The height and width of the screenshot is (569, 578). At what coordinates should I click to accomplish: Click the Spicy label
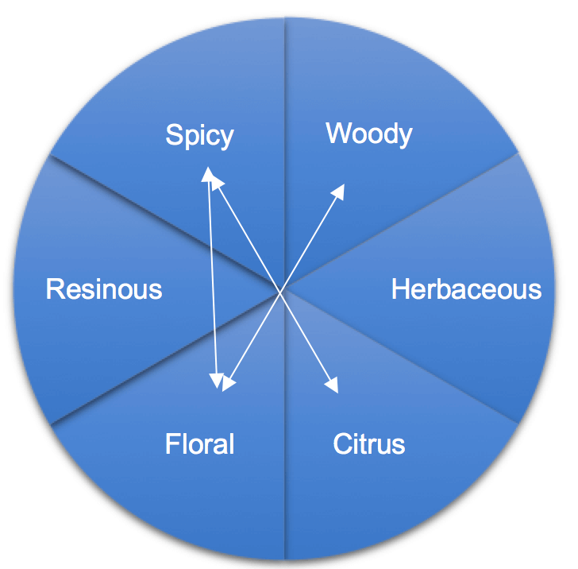click(199, 136)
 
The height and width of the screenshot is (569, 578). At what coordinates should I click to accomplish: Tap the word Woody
click(369, 134)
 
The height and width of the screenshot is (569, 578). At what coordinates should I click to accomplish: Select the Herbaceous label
click(466, 289)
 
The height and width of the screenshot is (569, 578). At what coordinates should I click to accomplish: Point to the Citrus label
click(369, 443)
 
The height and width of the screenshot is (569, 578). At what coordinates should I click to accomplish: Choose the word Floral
click(199, 443)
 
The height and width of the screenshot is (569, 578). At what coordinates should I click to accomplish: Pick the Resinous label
click(104, 289)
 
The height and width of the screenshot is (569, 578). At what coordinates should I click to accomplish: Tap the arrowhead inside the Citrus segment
click(332, 385)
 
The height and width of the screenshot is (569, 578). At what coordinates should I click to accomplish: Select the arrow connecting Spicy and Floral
click(213, 278)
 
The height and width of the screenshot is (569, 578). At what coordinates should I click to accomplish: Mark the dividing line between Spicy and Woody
click(284, 153)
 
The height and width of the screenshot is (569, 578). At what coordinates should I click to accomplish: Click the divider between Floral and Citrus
click(284, 424)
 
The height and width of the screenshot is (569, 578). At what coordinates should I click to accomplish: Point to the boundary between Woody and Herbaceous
click(401, 222)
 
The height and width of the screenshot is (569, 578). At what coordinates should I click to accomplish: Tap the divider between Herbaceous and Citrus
click(401, 357)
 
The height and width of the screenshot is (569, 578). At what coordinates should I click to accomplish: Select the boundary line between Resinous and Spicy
click(167, 223)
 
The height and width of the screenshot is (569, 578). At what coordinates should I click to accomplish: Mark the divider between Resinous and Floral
click(167, 357)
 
